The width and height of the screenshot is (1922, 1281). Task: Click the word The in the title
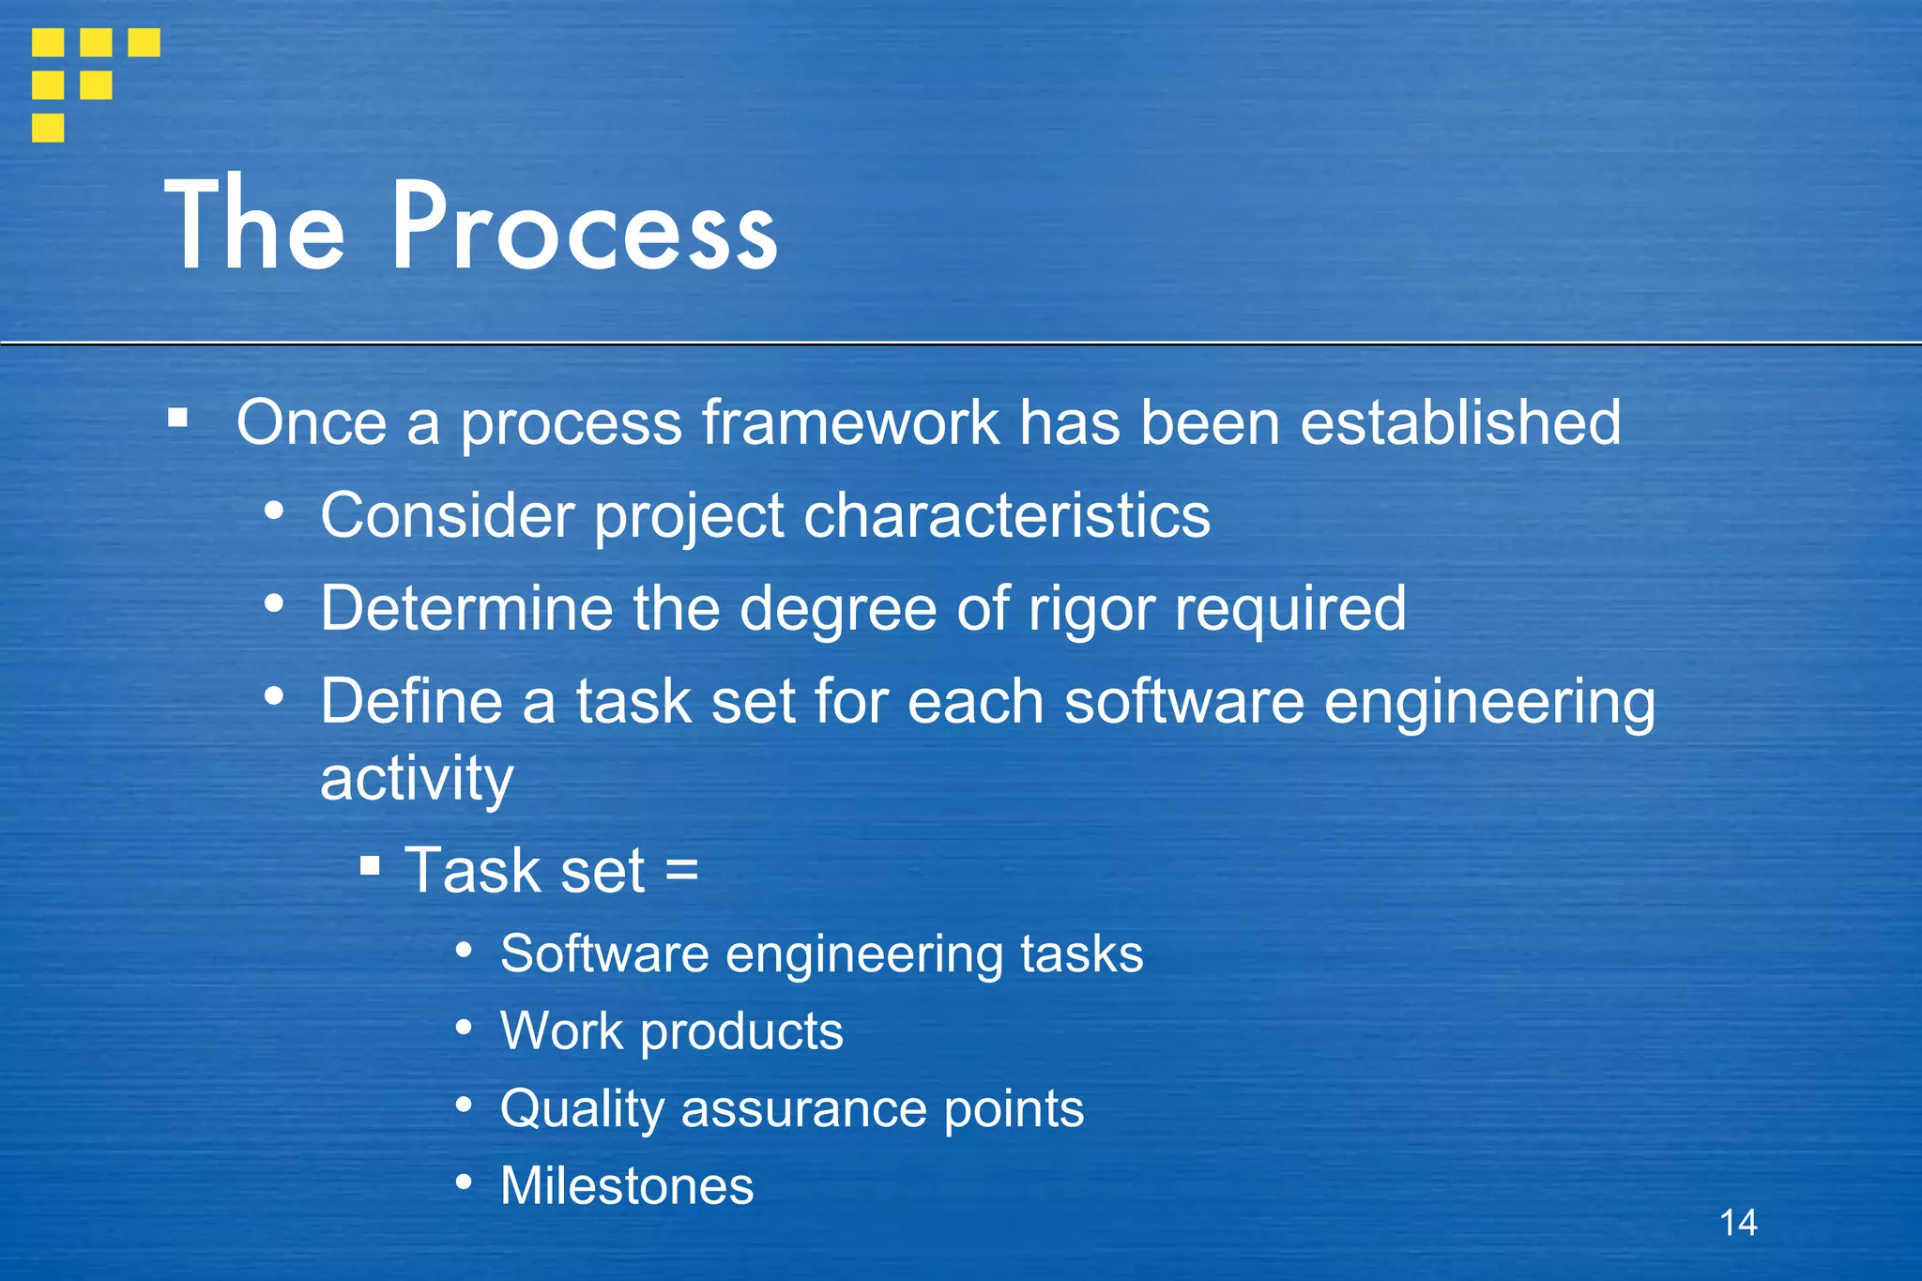coord(254,225)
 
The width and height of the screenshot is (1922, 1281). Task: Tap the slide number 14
coord(1738,1223)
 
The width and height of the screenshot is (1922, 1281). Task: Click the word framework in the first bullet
coord(850,422)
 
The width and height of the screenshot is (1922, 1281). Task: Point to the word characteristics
coord(1007,515)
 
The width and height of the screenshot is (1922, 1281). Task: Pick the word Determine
coord(466,608)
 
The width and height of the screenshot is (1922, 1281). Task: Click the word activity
coord(417,779)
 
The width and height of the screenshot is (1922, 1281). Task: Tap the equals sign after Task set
coord(681,870)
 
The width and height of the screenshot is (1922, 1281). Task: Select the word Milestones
coord(627,1185)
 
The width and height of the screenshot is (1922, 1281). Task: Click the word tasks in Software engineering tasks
coord(1081,954)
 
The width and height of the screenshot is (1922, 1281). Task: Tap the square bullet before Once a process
coord(177,418)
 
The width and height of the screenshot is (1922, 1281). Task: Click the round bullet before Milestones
coord(464,1182)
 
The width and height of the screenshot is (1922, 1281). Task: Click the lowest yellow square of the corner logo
coord(48,128)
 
